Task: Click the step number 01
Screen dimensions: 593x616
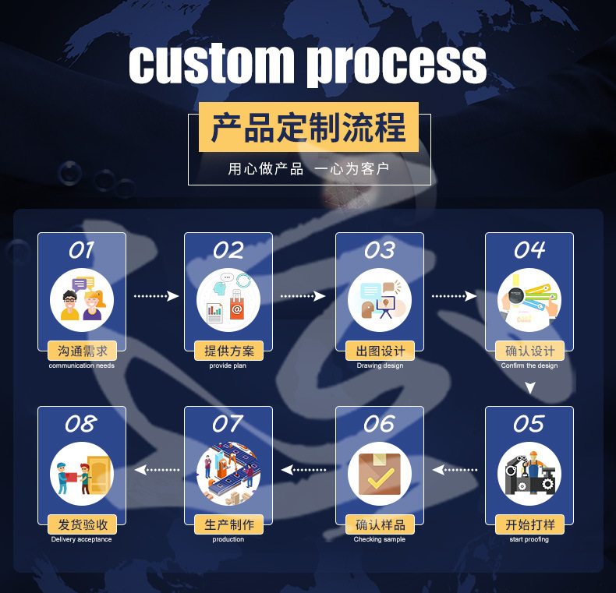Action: tap(81, 250)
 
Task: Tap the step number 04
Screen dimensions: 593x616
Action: tap(529, 250)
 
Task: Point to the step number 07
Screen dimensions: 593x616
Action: tap(228, 424)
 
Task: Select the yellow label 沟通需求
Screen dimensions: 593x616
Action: tap(82, 351)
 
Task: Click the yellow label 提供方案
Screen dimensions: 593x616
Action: tap(228, 351)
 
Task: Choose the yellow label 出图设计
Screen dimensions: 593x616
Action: tap(380, 351)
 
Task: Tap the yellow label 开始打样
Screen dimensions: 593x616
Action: tap(529, 524)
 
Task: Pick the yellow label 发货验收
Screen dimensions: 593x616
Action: tap(82, 524)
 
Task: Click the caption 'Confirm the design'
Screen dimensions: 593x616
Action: tap(529, 365)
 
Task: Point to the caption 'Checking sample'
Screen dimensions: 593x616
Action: tap(380, 539)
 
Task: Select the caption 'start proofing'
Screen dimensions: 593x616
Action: tap(529, 539)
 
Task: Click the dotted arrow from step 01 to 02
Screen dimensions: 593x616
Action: tap(156, 296)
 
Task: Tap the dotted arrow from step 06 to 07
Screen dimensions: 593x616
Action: tap(304, 470)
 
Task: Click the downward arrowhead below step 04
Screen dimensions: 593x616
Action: tap(530, 387)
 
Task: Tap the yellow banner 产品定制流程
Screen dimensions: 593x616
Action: tap(309, 127)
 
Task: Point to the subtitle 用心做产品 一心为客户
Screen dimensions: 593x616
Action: tap(309, 169)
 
